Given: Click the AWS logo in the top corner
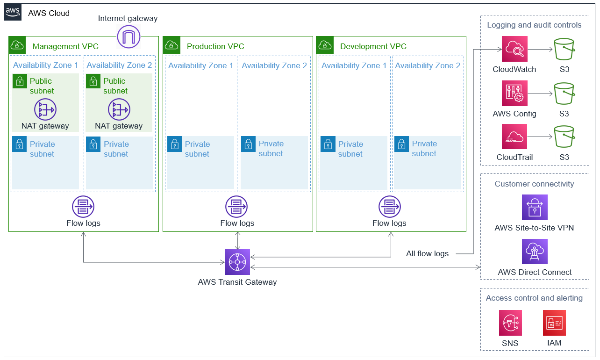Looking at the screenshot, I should [x=13, y=13].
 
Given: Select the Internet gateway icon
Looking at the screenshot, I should [x=129, y=36].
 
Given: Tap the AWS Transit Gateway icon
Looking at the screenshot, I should [x=237, y=262].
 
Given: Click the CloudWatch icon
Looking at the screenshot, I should [x=514, y=49].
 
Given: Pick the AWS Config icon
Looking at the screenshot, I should [x=514, y=93].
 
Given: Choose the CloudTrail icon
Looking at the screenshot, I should [x=514, y=137].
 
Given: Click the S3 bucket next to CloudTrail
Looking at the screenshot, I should [x=564, y=137].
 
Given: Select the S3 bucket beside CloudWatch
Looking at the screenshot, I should [x=564, y=49].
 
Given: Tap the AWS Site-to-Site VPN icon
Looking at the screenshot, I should [x=535, y=208].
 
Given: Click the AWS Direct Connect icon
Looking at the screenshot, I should [x=535, y=252].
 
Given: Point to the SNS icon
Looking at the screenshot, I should [x=510, y=323].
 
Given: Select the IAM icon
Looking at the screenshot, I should [x=554, y=323].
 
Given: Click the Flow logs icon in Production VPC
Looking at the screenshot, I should [x=236, y=207].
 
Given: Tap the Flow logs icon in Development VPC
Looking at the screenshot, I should [x=389, y=207].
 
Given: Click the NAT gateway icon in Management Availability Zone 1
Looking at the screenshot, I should [x=45, y=110].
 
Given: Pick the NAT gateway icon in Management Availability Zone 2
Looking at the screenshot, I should [x=119, y=110].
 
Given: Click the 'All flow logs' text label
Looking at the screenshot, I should [x=427, y=254].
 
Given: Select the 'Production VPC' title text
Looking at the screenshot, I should [x=215, y=46].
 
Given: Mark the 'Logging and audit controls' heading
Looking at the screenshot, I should [x=534, y=25].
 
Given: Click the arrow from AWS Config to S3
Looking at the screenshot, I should [x=540, y=94].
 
